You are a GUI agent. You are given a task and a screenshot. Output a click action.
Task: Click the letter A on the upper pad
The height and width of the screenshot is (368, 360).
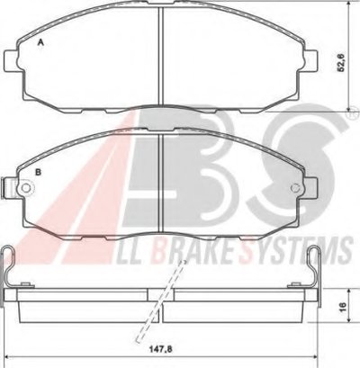[40, 42]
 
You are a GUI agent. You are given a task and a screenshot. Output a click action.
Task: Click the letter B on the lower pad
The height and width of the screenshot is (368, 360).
[38, 172]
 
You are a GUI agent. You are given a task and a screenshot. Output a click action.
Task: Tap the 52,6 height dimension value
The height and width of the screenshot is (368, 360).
[341, 63]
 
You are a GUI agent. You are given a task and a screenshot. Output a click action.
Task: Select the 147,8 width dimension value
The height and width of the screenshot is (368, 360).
[161, 349]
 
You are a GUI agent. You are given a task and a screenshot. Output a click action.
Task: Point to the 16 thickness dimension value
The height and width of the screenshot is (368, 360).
[343, 306]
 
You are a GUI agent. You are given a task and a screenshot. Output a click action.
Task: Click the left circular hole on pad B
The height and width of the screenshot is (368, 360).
[26, 188]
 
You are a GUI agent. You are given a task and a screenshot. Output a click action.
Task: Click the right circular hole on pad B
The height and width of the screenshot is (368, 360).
[296, 188]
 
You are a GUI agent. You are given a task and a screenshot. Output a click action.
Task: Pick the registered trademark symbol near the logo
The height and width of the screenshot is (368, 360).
[355, 113]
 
